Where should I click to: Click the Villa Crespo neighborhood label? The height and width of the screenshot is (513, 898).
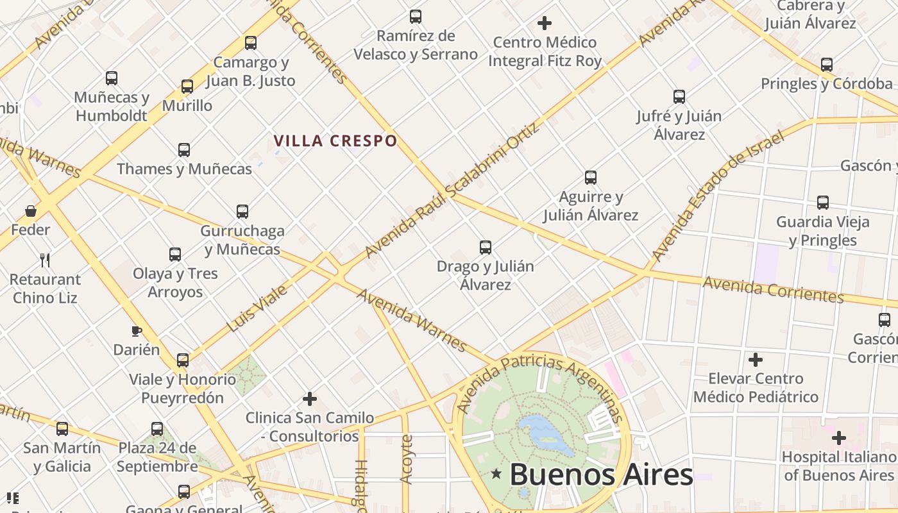click(x=335, y=140)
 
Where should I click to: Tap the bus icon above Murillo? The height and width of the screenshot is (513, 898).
click(x=187, y=86)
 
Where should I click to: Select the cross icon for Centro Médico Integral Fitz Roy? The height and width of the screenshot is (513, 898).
click(x=545, y=24)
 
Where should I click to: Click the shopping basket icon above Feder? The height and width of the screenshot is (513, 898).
click(x=30, y=211)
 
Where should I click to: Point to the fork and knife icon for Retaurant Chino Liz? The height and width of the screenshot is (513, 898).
click(x=45, y=260)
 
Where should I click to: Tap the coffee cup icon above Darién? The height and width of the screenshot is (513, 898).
click(x=136, y=331)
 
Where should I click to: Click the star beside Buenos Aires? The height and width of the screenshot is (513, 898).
click(x=496, y=474)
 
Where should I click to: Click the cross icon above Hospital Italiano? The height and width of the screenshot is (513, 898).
click(x=838, y=438)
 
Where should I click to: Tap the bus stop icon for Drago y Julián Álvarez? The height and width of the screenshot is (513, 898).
click(x=486, y=247)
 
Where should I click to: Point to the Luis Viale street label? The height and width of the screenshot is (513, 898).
click(x=257, y=309)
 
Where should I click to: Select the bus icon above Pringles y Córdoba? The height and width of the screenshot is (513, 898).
click(x=827, y=64)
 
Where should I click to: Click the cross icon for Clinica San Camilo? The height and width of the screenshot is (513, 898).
click(x=310, y=399)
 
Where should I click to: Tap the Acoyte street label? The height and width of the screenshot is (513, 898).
click(x=406, y=458)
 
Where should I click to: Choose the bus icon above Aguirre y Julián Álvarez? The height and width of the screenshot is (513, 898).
click(x=591, y=177)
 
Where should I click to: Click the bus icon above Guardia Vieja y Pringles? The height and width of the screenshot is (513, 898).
click(x=823, y=203)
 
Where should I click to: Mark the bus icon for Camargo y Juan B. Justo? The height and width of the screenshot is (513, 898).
click(x=251, y=43)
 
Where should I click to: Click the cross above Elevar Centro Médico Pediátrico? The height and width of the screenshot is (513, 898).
click(x=756, y=359)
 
